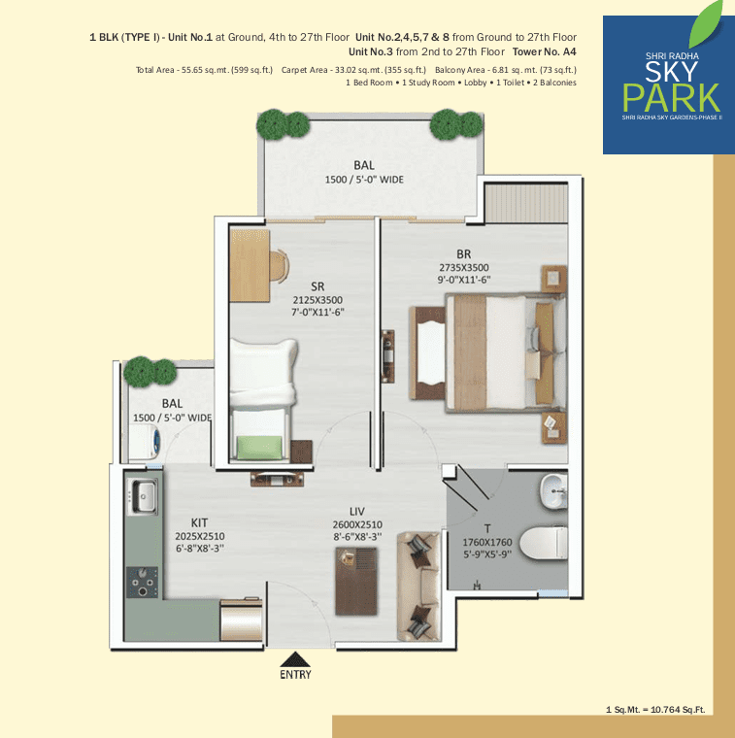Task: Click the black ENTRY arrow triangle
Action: point(295,659)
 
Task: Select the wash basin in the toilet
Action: point(553,491)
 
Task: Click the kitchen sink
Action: point(142,496)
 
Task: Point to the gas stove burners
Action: point(142,583)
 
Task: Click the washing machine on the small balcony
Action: point(145,442)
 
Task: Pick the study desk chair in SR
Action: point(279,266)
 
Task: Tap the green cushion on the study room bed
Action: point(259,447)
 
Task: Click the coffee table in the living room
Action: point(356,582)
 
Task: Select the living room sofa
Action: point(418,586)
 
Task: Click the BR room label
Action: point(463,254)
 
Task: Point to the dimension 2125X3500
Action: point(317,300)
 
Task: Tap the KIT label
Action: point(199,522)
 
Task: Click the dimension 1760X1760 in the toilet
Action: point(487,542)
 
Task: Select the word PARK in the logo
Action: point(671,98)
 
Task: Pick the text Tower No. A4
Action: point(545,51)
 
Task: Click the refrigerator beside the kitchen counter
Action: point(241,620)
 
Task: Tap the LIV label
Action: point(357,512)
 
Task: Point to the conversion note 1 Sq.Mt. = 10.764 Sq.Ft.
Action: point(655,710)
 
